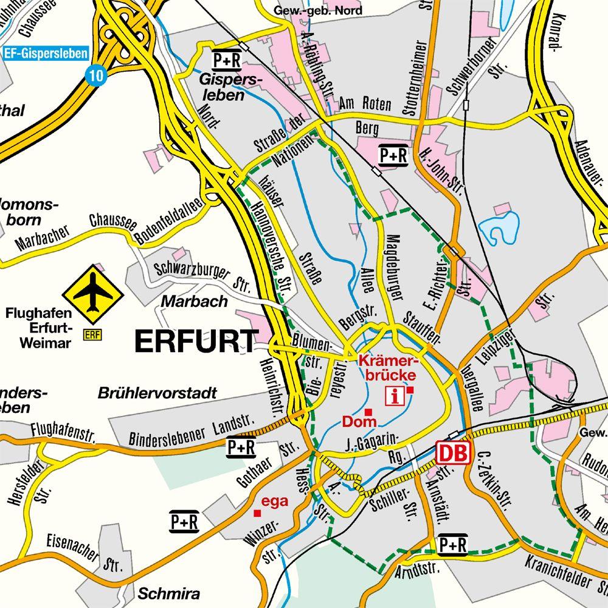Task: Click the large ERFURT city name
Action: click(x=195, y=341)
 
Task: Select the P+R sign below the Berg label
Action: click(x=393, y=156)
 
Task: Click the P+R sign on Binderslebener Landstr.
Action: click(x=241, y=447)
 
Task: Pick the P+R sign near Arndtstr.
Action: click(x=452, y=545)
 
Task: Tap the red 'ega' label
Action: click(x=274, y=502)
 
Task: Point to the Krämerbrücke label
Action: click(x=388, y=367)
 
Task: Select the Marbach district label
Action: click(x=195, y=301)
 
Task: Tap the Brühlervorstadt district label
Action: click(x=157, y=393)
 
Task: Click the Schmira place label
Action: click(x=169, y=593)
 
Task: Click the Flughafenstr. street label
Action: click(x=64, y=431)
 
